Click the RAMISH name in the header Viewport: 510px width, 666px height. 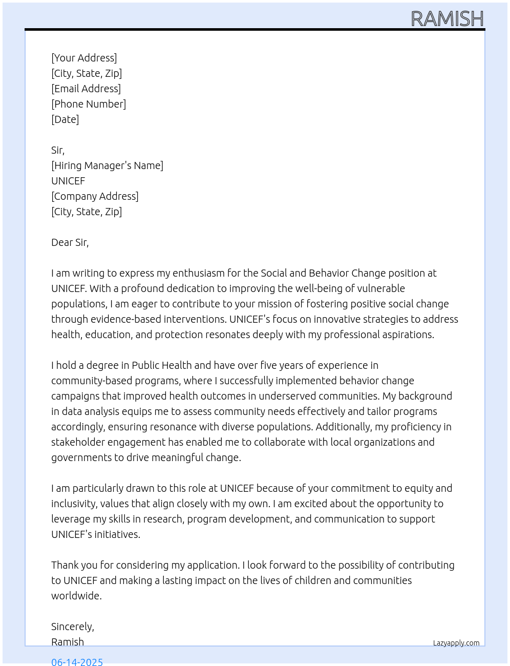click(x=447, y=19)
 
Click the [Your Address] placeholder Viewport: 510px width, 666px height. click(x=84, y=58)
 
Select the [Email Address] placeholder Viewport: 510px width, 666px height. click(x=86, y=89)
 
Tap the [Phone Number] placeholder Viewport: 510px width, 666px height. click(x=89, y=104)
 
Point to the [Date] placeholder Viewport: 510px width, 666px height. click(x=65, y=119)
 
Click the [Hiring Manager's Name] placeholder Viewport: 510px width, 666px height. click(x=107, y=165)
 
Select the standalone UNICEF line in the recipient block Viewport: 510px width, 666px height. click(x=68, y=181)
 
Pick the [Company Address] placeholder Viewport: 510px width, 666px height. click(x=95, y=196)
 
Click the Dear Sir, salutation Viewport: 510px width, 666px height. click(x=70, y=242)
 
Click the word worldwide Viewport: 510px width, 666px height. click(x=76, y=596)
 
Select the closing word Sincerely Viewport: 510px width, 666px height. click(x=72, y=627)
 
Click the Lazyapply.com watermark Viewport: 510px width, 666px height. click(x=456, y=643)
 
